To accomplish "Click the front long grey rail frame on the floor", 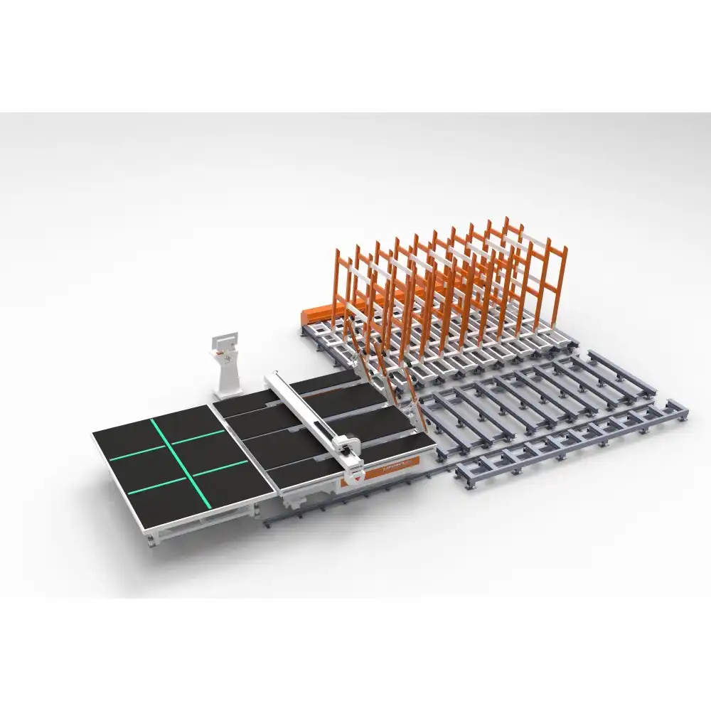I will pos(569,444).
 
